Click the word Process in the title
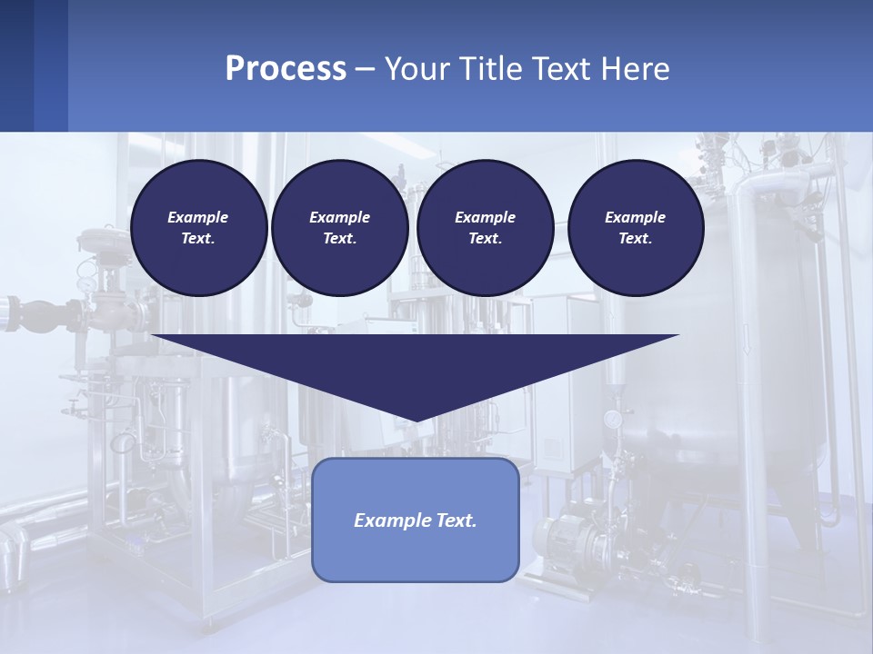click(286, 69)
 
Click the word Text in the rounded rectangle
click(454, 520)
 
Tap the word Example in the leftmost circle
click(198, 217)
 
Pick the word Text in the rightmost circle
click(635, 238)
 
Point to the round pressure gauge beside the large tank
click(613, 419)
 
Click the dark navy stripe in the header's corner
click(16, 65)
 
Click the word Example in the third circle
click(485, 217)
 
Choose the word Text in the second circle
click(338, 238)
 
